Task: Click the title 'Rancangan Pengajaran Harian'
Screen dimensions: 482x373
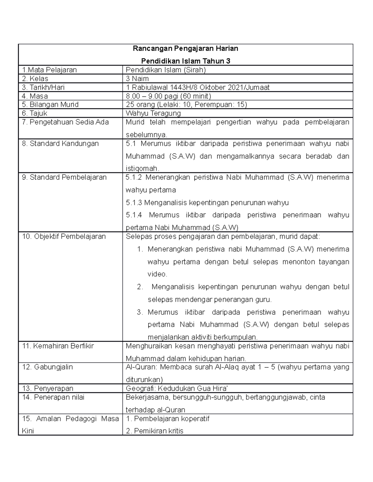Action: pyautogui.click(x=185, y=48)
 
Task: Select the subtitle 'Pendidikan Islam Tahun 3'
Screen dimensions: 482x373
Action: pyautogui.click(x=185, y=61)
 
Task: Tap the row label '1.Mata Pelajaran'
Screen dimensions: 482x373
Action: pyautogui.click(x=49, y=70)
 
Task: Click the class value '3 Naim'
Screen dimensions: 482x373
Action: pyautogui.click(x=137, y=79)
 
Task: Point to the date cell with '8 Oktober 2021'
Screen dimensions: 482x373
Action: pyautogui.click(x=197, y=87)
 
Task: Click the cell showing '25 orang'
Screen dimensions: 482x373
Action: pyautogui.click(x=186, y=104)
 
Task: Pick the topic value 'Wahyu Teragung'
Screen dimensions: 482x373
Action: pyautogui.click(x=153, y=113)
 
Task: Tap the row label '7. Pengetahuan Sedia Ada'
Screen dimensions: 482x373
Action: pyautogui.click(x=65, y=122)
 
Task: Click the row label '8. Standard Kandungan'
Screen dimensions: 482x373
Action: pyautogui.click(x=60, y=143)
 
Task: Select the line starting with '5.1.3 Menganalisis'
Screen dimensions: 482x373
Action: pyautogui.click(x=207, y=203)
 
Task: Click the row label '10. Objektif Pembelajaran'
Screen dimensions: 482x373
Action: pyautogui.click(x=64, y=236)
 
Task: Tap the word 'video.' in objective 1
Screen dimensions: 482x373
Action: pyautogui.click(x=157, y=274)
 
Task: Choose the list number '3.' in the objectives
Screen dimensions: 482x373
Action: pyautogui.click(x=140, y=312)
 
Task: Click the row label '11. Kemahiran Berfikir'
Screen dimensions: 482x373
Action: pyautogui.click(x=58, y=346)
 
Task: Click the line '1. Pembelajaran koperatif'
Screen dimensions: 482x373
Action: pyautogui.click(x=168, y=418)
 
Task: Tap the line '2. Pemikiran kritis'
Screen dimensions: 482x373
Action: pyautogui.click(x=154, y=431)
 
